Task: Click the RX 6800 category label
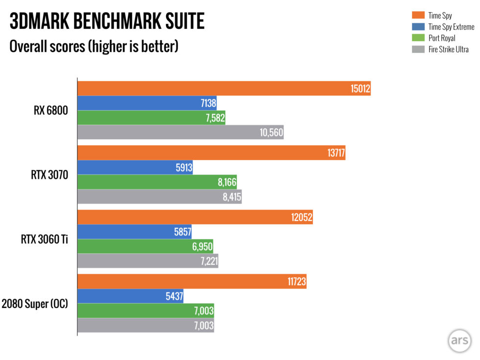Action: [50, 111]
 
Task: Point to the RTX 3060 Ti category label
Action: [44, 240]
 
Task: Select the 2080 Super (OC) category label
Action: [35, 304]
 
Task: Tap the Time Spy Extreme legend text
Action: [451, 27]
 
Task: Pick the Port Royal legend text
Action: [441, 38]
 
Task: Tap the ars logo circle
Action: [459, 341]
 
